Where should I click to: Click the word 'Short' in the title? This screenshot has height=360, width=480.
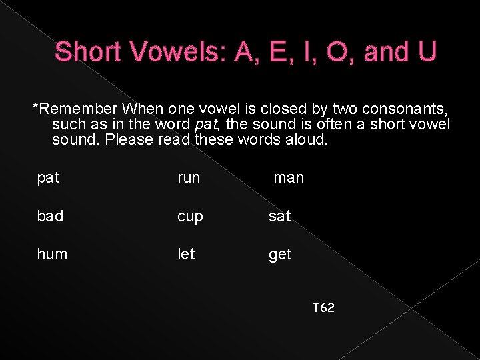point(90,52)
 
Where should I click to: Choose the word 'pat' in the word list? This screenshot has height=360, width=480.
point(49,178)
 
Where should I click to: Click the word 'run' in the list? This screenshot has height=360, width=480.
point(189,178)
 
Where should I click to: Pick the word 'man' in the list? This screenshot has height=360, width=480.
point(289,178)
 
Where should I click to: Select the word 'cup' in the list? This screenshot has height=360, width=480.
point(190,217)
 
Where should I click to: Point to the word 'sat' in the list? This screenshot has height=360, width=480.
point(280,216)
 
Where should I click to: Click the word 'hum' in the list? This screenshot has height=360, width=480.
point(53,254)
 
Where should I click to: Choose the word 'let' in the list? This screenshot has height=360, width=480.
point(186,254)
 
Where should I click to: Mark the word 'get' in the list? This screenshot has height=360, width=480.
point(280,255)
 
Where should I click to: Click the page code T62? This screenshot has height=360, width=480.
point(323,308)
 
